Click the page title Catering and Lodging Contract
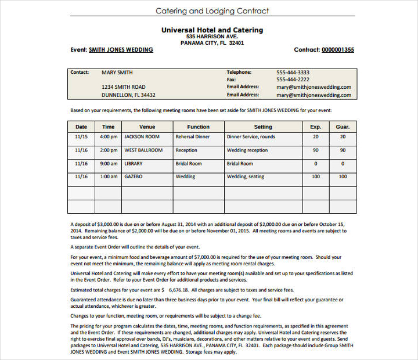tap(212, 10)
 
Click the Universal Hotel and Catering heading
tap(212, 30)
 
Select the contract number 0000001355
tap(338, 50)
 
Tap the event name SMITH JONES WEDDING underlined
tap(121, 50)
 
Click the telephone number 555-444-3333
tap(293, 73)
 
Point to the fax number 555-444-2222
tap(293, 80)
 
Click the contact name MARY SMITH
tap(117, 73)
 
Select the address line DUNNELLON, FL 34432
tap(128, 95)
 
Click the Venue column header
tap(147, 127)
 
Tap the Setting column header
tap(263, 127)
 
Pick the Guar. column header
tap(343, 127)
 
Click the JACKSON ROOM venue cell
tap(142, 137)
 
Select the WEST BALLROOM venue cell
tap(143, 150)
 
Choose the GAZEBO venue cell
tap(133, 177)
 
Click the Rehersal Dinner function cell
tap(193, 137)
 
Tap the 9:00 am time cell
tap(109, 164)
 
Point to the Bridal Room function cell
tap(189, 164)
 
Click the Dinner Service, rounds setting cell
tap(251, 137)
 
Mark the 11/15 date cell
tap(81, 137)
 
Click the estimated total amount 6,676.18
tap(178, 290)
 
